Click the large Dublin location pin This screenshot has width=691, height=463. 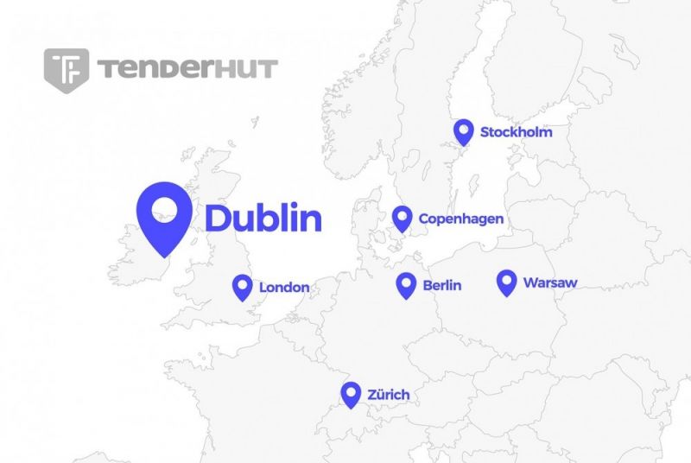pyautogui.click(x=164, y=216)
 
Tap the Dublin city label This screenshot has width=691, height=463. pyautogui.click(x=263, y=218)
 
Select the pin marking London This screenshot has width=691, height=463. pyautogui.click(x=243, y=287)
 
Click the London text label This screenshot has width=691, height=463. pyautogui.click(x=284, y=287)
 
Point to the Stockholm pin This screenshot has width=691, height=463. pyautogui.click(x=464, y=131)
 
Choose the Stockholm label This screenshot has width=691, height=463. pyautogui.click(x=516, y=132)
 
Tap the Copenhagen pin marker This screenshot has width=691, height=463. pyautogui.click(x=402, y=219)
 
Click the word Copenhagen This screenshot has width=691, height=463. pyautogui.click(x=460, y=219)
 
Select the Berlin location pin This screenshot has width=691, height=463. pyautogui.click(x=406, y=285)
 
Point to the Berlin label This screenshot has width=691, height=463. pyautogui.click(x=442, y=285)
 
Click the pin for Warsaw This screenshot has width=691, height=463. pyautogui.click(x=507, y=282)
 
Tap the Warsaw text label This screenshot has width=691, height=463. pyautogui.click(x=550, y=282)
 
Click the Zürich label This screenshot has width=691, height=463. pyautogui.click(x=388, y=395)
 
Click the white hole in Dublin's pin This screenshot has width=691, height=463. pyautogui.click(x=164, y=207)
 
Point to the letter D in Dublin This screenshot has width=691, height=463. pyautogui.click(x=218, y=218)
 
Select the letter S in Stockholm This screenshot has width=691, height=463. pyautogui.click(x=485, y=132)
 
